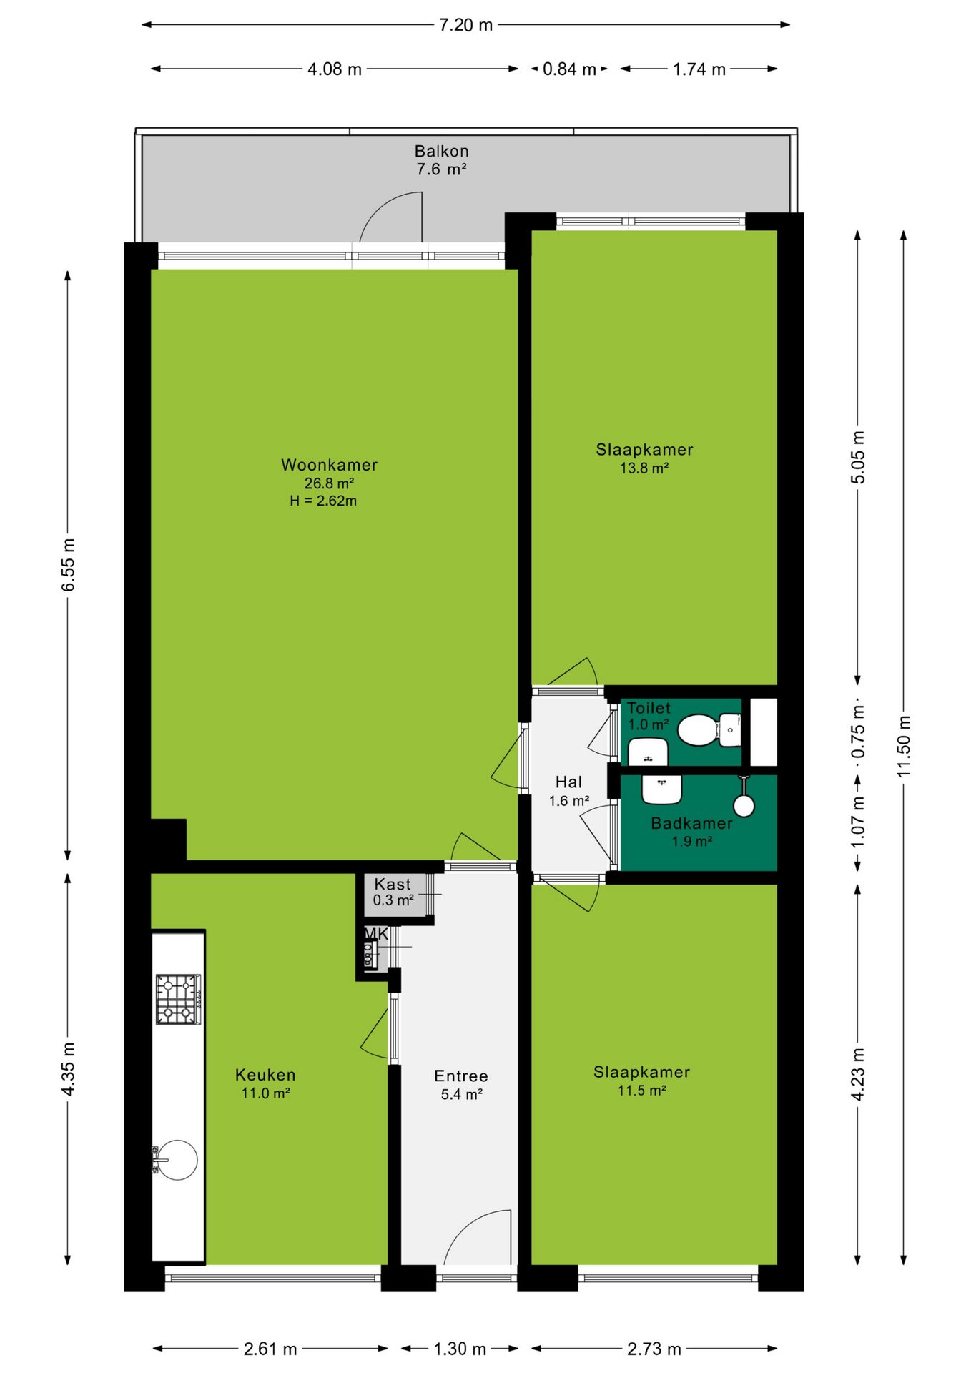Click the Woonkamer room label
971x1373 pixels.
click(329, 465)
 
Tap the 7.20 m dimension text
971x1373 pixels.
click(465, 25)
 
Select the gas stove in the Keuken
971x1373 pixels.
click(179, 999)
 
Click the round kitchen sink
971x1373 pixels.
click(177, 1159)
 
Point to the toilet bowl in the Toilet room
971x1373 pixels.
click(697, 729)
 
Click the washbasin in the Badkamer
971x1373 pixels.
click(661, 789)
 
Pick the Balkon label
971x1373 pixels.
click(441, 152)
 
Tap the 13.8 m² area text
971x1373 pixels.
click(644, 468)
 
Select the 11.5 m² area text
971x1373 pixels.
click(641, 1091)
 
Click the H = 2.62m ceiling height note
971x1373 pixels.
click(323, 501)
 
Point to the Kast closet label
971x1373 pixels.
click(393, 885)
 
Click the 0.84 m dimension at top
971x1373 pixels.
click(569, 69)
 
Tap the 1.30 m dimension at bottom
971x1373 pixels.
click(460, 1349)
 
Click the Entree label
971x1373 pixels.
click(461, 1076)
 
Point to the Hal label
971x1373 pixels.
click(568, 782)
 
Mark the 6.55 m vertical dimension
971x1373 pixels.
click(68, 565)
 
